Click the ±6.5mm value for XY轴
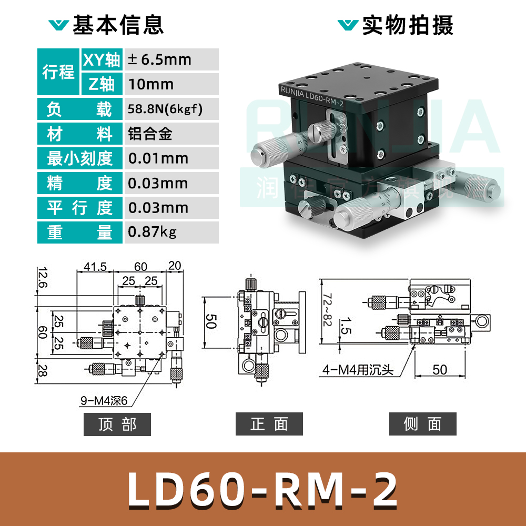[x=159, y=59]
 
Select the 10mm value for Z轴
[x=151, y=84]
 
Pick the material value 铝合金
[x=150, y=134]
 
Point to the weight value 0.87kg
[x=152, y=232]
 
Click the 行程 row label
[x=58, y=72]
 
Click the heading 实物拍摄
[x=407, y=25]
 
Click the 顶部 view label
[x=117, y=424]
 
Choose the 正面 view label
[x=269, y=424]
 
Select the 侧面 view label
[x=422, y=424]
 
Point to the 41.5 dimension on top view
[x=95, y=267]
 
